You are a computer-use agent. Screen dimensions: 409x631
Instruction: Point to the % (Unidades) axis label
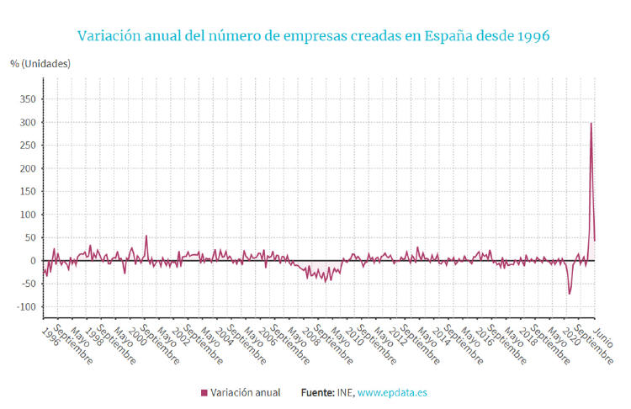coord(40,64)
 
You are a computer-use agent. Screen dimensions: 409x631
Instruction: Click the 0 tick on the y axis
coord(32,261)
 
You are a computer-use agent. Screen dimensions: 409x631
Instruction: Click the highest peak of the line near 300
coord(591,124)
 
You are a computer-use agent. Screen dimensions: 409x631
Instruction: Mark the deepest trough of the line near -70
coord(570,294)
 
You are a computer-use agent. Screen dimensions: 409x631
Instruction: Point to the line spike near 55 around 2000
coord(146,236)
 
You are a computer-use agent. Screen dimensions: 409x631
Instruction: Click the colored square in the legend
coord(204,393)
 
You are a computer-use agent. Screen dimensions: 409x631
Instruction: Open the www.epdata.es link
coord(393,393)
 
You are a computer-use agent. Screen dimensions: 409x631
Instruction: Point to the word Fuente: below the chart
coord(317,393)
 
